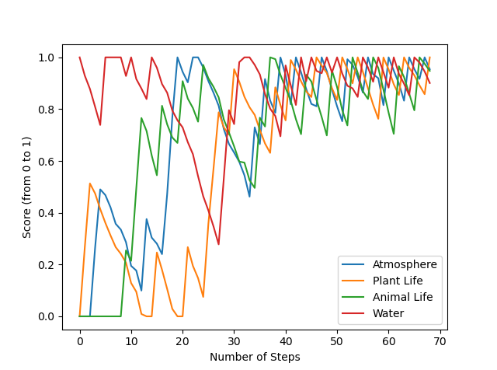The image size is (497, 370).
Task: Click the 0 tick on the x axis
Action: pyautogui.click(x=80, y=340)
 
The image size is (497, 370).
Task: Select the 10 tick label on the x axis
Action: pyautogui.click(x=131, y=340)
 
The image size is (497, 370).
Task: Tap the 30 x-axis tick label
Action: pyautogui.click(x=235, y=340)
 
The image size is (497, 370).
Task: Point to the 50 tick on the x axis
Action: pyautogui.click(x=337, y=340)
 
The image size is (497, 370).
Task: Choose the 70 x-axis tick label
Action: pyautogui.click(x=440, y=340)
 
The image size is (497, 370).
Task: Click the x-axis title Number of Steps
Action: pyautogui.click(x=255, y=357)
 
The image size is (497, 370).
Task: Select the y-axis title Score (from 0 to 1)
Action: pyautogui.click(x=27, y=187)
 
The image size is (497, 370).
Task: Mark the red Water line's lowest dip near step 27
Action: pyautogui.click(x=218, y=244)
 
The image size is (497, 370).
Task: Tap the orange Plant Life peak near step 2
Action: pyautogui.click(x=90, y=183)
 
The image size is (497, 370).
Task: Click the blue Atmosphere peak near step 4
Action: pyautogui.click(x=100, y=190)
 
